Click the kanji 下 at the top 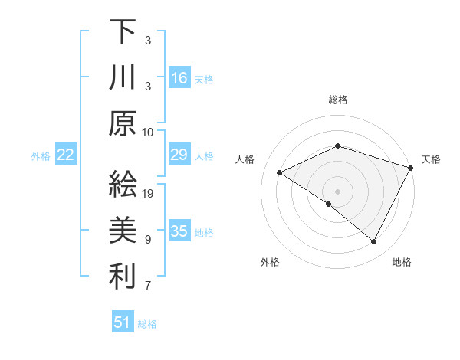[123, 32]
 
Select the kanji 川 [123, 78]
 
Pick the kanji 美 [123, 231]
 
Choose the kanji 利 [123, 277]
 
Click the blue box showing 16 [179, 77]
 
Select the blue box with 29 [179, 155]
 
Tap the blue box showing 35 [179, 232]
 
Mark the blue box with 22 [66, 155]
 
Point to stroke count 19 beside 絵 [149, 193]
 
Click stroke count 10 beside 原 [149, 132]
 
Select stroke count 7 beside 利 [149, 286]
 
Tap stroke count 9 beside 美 [149, 239]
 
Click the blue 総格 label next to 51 [147, 324]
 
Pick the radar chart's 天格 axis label [431, 159]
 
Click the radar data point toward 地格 [374, 242]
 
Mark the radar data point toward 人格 [280, 172]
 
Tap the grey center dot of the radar [337, 190]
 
